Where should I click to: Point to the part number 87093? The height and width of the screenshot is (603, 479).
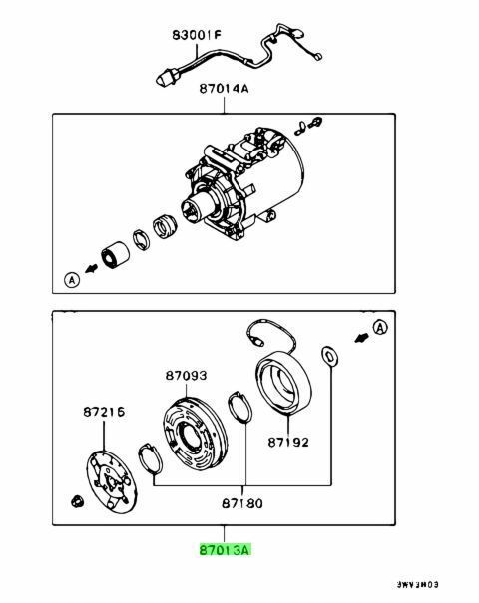(187, 377)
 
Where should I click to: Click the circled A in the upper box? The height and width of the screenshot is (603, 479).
(70, 279)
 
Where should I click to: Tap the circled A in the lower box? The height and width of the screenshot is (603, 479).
(381, 327)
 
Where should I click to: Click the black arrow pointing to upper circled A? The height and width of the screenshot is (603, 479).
(91, 269)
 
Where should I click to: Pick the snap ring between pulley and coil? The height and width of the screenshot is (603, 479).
(239, 410)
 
